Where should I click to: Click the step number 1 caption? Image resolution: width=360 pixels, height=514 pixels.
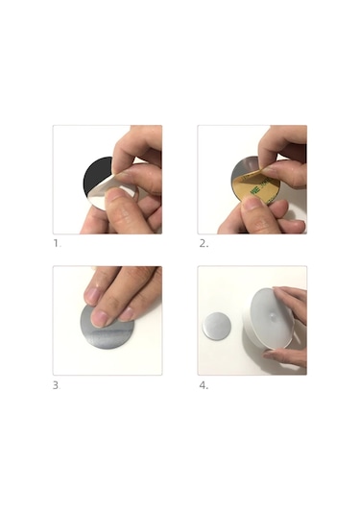57,244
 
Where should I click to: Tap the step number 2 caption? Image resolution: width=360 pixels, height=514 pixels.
204,244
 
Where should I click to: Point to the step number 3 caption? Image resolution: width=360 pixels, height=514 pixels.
57,385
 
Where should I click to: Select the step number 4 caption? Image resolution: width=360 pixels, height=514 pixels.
204,385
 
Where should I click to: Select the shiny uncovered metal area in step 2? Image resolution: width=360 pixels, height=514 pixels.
244,167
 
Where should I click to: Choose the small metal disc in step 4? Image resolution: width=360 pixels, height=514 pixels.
217,326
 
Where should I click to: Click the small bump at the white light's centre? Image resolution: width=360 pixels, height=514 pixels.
272,316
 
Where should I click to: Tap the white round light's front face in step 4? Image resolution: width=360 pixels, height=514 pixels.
272,317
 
